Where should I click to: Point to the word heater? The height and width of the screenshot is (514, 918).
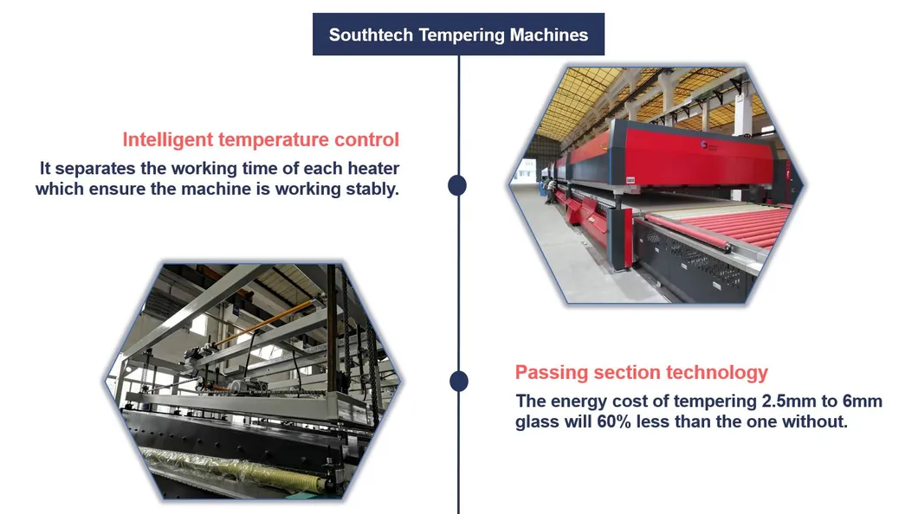[371, 168]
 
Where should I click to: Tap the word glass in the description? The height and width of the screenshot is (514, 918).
[537, 422]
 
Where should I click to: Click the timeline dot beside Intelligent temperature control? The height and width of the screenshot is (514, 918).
[457, 185]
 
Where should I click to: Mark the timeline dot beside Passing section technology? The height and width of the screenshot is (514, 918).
[458, 381]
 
